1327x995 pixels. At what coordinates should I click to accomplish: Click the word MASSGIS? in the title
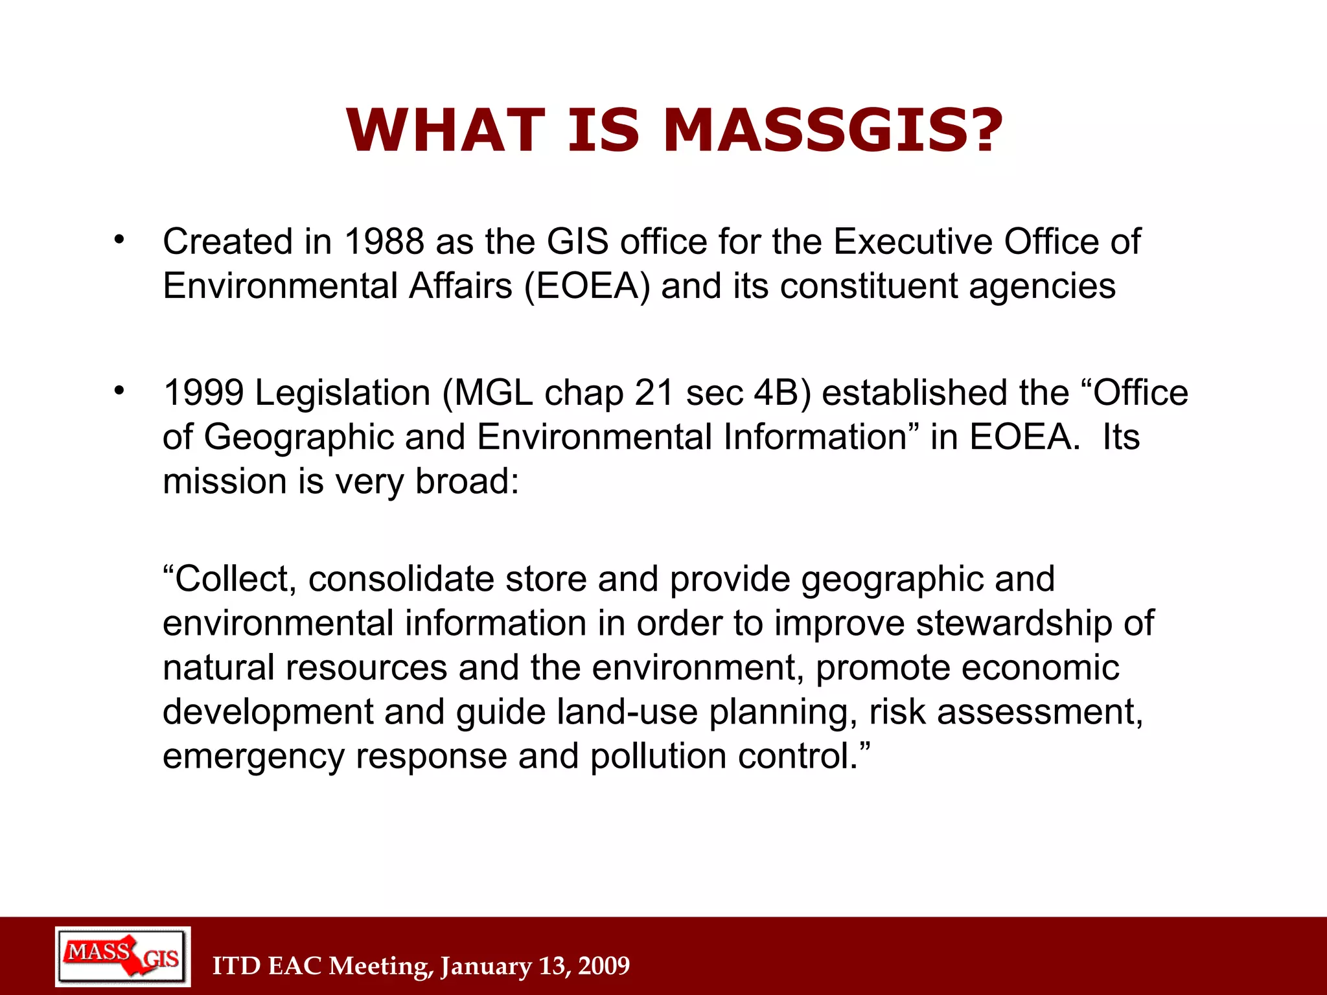[x=833, y=131]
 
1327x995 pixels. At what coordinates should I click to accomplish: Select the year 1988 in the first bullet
[x=384, y=242]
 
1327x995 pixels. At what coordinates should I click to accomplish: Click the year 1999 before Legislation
[x=203, y=393]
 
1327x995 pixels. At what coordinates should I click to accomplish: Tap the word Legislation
[x=343, y=393]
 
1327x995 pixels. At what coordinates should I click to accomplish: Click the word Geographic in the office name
[x=299, y=437]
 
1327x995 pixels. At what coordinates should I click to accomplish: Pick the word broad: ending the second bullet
[x=467, y=481]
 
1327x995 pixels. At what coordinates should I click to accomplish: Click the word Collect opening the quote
[x=230, y=578]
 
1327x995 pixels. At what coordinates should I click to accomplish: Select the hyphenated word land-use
[x=627, y=712]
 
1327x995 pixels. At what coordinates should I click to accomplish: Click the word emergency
[x=253, y=757]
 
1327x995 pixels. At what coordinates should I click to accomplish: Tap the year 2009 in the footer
[x=604, y=966]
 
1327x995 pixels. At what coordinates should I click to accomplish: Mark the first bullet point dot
[x=119, y=240]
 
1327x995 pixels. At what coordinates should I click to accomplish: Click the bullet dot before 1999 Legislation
[x=119, y=391]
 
